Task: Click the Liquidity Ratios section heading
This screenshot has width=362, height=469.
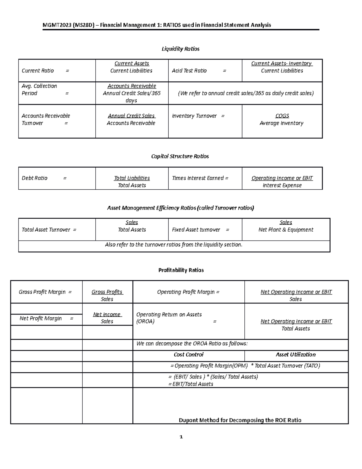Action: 180,49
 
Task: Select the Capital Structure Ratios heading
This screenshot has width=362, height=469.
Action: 180,156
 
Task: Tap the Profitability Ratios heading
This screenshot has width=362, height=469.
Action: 181,270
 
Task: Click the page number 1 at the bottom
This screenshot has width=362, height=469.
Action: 181,437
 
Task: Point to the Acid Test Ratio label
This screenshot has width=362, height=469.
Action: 189,71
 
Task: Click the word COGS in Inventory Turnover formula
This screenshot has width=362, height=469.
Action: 282,116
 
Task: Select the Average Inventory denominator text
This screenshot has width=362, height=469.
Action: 281,123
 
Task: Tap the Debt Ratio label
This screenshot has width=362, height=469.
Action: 34,178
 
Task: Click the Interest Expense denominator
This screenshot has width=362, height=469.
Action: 282,185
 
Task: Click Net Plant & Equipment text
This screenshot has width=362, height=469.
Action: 286,230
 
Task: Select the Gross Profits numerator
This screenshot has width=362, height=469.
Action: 107,292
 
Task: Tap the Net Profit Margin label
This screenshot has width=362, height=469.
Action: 41,319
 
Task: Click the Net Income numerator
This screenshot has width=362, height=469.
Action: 107,315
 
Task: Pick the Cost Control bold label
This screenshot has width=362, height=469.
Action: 189,355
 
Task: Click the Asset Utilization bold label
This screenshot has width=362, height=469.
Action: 296,355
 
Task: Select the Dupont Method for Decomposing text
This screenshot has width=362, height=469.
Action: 240,420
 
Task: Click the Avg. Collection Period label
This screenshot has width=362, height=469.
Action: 39,90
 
